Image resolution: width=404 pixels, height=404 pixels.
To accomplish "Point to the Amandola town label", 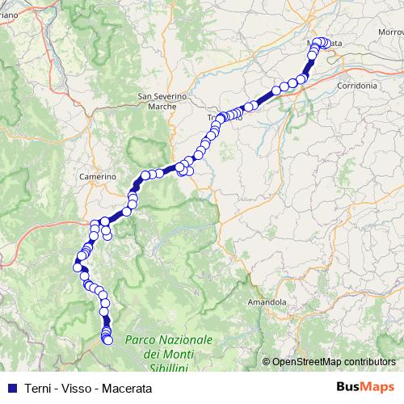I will (x=268, y=301).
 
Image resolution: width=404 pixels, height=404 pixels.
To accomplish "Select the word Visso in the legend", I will (x=77, y=386).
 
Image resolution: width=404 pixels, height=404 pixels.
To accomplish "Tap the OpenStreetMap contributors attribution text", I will (x=334, y=361).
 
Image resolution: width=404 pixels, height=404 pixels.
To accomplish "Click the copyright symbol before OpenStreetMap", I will (x=267, y=361).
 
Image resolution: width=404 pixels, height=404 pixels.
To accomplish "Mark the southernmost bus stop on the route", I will (x=107, y=341).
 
